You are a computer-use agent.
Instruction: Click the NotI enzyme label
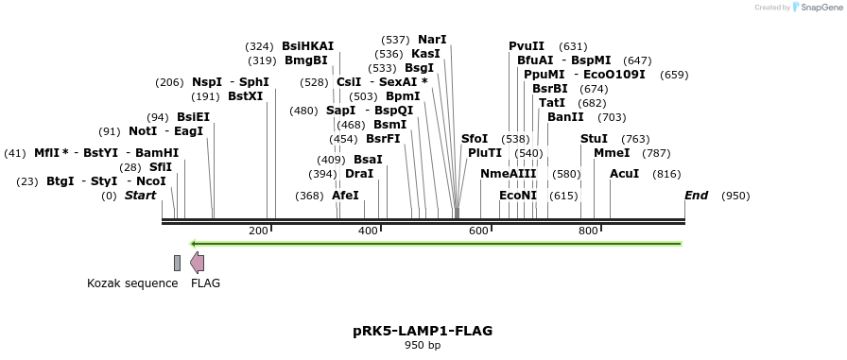pyautogui.click(x=143, y=131)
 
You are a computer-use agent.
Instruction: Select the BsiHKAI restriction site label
pyautogui.click(x=307, y=46)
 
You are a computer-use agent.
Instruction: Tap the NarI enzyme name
pyautogui.click(x=432, y=40)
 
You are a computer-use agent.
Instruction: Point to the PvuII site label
pyautogui.click(x=527, y=46)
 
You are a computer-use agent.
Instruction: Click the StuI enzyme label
pyautogui.click(x=594, y=139)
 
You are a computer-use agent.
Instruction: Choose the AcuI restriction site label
pyautogui.click(x=624, y=174)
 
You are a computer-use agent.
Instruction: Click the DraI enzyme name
pyautogui.click(x=359, y=174)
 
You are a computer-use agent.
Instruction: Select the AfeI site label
pyautogui.click(x=345, y=196)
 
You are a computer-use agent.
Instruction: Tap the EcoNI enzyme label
pyautogui.click(x=518, y=196)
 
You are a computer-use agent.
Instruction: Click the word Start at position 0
pyautogui.click(x=140, y=196)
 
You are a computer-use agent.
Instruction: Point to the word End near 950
pyautogui.click(x=697, y=196)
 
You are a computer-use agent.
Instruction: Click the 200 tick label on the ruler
pyautogui.click(x=258, y=231)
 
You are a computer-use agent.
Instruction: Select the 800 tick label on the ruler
pyautogui.click(x=588, y=231)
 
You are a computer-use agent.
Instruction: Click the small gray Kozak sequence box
pyautogui.click(x=177, y=263)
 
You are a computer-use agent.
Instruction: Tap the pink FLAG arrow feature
pyautogui.click(x=197, y=263)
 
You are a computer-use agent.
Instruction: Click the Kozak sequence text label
pyautogui.click(x=132, y=283)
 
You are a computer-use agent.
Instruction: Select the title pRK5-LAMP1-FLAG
pyautogui.click(x=423, y=331)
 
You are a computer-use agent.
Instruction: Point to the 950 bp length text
pyautogui.click(x=423, y=346)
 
